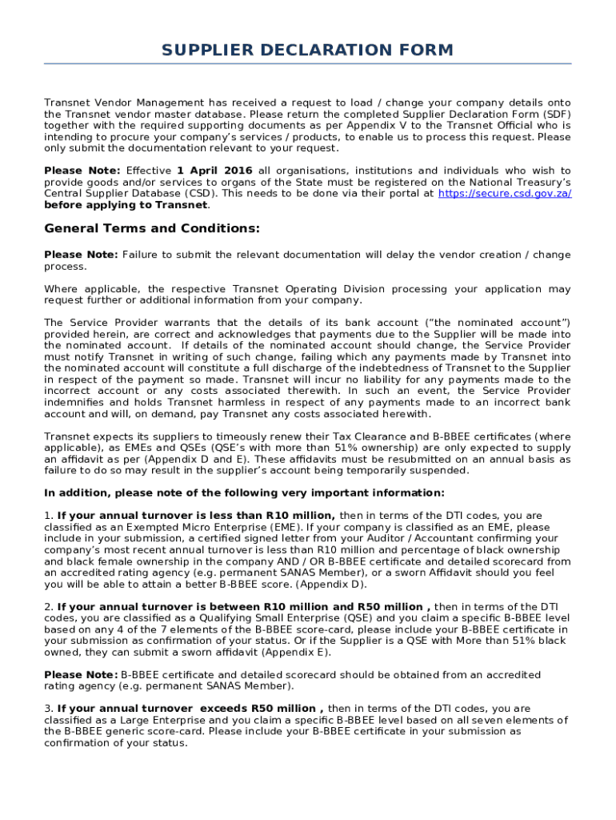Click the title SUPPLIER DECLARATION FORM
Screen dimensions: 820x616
click(x=307, y=50)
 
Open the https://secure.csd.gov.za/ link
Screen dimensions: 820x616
click(x=505, y=194)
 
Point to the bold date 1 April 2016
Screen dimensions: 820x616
click(x=214, y=171)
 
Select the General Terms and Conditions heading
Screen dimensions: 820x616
click(x=152, y=229)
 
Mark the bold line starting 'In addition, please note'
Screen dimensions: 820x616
click(x=244, y=493)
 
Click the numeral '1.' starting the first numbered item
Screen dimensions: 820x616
click(x=49, y=516)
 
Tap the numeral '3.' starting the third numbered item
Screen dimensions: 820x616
click(x=49, y=709)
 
